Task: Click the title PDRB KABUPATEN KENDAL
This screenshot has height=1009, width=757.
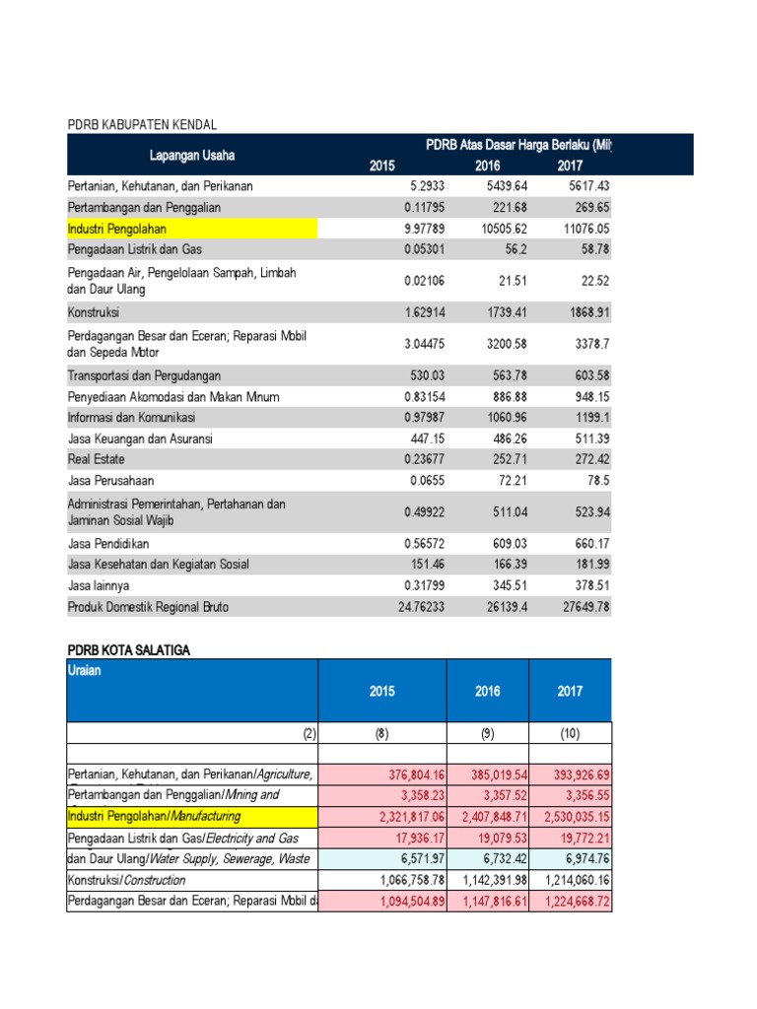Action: (142, 125)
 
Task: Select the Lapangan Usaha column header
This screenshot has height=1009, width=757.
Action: (192, 155)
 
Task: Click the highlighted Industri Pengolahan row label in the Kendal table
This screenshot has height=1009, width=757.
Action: (117, 229)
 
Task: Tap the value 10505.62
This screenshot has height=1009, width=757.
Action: (504, 229)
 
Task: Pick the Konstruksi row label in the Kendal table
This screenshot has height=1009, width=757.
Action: (94, 312)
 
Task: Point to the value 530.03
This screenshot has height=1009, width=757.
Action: (427, 375)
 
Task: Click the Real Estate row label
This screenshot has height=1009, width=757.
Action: (96, 459)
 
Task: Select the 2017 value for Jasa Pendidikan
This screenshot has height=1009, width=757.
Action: (591, 543)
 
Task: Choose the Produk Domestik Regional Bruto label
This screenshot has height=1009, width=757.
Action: (148, 607)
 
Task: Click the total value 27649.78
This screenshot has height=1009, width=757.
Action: (585, 607)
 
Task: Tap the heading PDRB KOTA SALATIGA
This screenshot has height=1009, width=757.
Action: (129, 650)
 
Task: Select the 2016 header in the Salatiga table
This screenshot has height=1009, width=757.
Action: (487, 691)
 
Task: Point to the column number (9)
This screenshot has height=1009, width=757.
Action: (487, 733)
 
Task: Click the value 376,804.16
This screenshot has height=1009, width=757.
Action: (416, 774)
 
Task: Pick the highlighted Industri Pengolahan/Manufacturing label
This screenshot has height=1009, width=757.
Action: (155, 817)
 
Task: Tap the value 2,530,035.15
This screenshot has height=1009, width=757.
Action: (577, 817)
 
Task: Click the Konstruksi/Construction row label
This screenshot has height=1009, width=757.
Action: (127, 880)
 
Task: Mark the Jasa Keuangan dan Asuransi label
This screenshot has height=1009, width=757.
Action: (140, 438)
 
